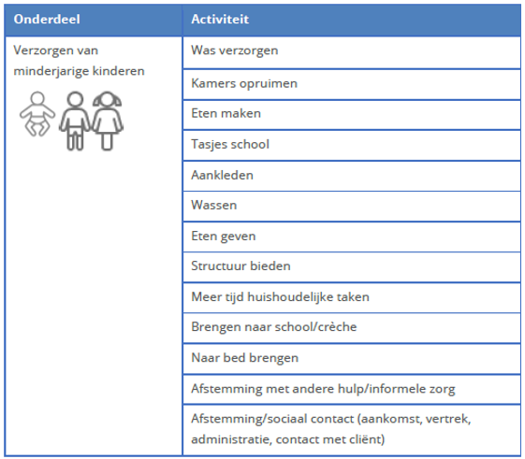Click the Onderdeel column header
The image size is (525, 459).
[45, 19]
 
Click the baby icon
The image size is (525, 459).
[37, 118]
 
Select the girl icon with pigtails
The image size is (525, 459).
[108, 120]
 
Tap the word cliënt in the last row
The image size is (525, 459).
[370, 438]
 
